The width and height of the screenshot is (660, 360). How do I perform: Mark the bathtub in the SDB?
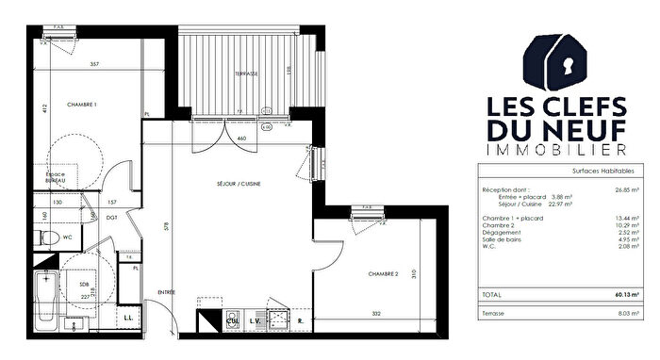click(44, 291)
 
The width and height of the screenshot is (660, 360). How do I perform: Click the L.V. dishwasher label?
click(254, 322)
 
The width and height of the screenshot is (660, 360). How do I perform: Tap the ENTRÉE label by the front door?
click(166, 292)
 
